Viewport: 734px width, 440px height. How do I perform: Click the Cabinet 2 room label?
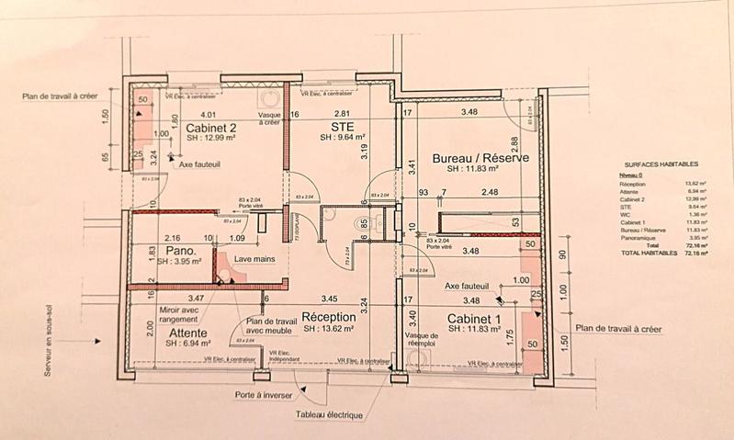[211, 128]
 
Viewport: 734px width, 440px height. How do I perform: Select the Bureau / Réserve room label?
[480, 158]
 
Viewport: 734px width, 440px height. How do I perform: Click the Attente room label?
[182, 332]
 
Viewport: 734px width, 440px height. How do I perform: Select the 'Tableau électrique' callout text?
[329, 414]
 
